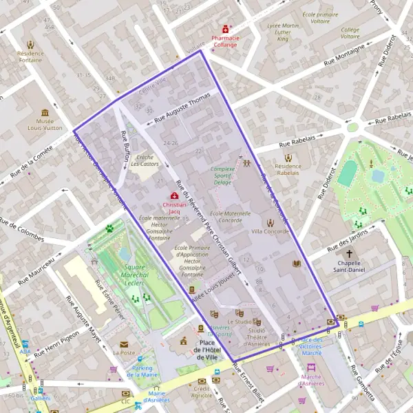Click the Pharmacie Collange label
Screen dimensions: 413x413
click(225, 41)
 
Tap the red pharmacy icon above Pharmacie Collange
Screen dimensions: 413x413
click(225, 30)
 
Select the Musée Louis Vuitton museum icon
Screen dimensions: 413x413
click(45, 112)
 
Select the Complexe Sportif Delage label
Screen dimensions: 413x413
click(222, 176)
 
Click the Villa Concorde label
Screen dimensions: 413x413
click(271, 231)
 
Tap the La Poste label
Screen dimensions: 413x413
click(125, 352)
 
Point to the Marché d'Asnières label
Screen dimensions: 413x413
click(312, 379)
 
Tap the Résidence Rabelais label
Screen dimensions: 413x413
click(288, 169)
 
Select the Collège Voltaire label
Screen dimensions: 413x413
click(350, 33)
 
